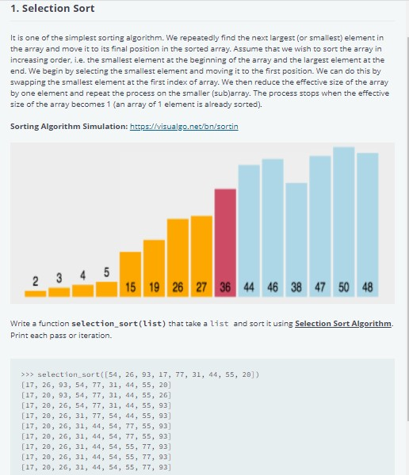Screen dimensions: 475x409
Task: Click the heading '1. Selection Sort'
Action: point(53,9)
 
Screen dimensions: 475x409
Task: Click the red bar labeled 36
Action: point(225,241)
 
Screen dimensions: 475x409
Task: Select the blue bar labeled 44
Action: point(249,230)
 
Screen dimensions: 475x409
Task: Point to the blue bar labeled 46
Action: point(273,226)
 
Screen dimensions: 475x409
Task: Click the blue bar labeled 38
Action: point(296,238)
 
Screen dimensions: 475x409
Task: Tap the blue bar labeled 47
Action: point(320,225)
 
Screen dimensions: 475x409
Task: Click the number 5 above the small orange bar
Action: point(106,273)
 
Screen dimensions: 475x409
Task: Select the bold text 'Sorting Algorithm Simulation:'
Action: point(69,127)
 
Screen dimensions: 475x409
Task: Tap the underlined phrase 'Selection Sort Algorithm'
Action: point(343,324)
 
